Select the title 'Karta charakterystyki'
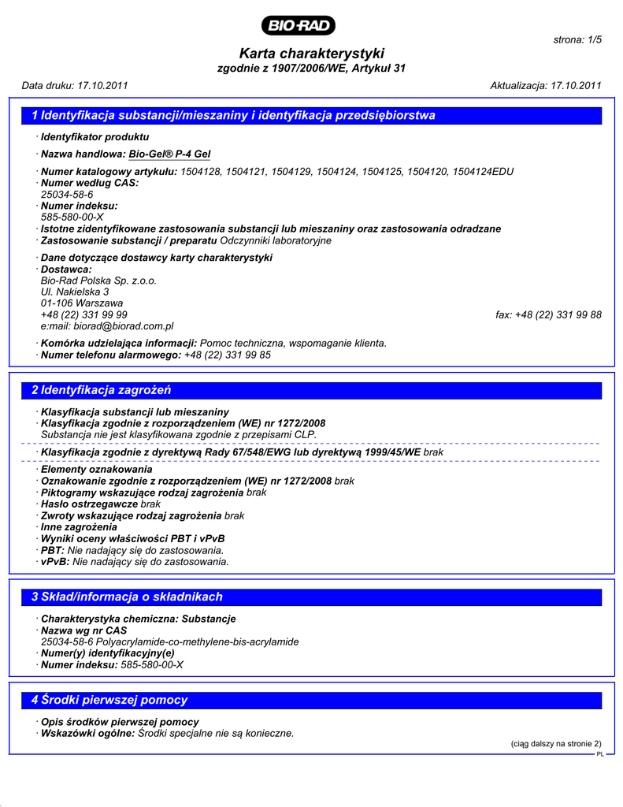coord(311,54)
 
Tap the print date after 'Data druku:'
coord(102,85)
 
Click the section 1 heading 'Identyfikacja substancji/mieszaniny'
coord(233,116)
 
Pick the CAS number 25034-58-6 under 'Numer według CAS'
coord(67,194)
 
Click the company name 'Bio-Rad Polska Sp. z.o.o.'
coord(98,281)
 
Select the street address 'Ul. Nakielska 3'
coord(75,292)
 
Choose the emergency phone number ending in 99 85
coord(227,355)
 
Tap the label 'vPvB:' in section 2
coord(55,562)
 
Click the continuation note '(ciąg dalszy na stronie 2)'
coord(556,743)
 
